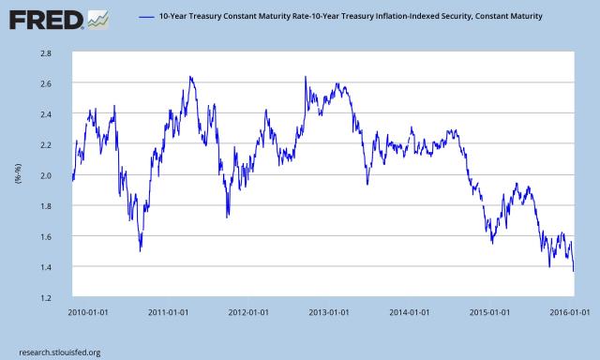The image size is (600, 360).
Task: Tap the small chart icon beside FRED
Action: click(x=96, y=17)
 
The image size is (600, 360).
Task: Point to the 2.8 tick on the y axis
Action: click(x=44, y=53)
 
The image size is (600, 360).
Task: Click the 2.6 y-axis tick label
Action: click(x=44, y=84)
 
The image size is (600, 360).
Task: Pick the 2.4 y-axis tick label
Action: click(x=44, y=114)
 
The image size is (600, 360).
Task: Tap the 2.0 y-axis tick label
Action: click(x=44, y=175)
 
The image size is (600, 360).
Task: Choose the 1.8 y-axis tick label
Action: click(x=44, y=206)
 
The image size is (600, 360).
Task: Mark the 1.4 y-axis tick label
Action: click(x=44, y=267)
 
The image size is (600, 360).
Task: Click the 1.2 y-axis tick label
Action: click(x=44, y=298)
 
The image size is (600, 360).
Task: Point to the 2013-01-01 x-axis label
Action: click(x=331, y=311)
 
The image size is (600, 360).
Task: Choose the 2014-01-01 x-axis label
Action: click(x=412, y=311)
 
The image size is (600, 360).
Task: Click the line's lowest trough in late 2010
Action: click(x=141, y=250)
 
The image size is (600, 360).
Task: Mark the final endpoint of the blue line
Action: click(x=574, y=271)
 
